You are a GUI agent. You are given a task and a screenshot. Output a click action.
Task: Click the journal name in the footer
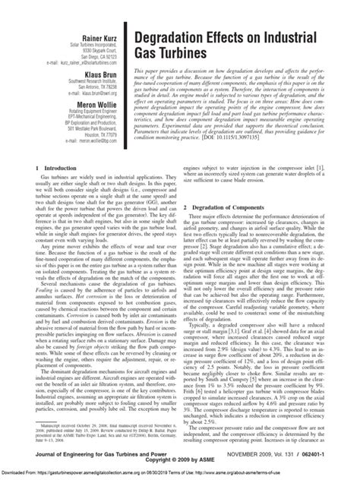(x=104, y=453)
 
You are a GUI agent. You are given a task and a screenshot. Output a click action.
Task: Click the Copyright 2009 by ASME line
(x=180, y=460)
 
